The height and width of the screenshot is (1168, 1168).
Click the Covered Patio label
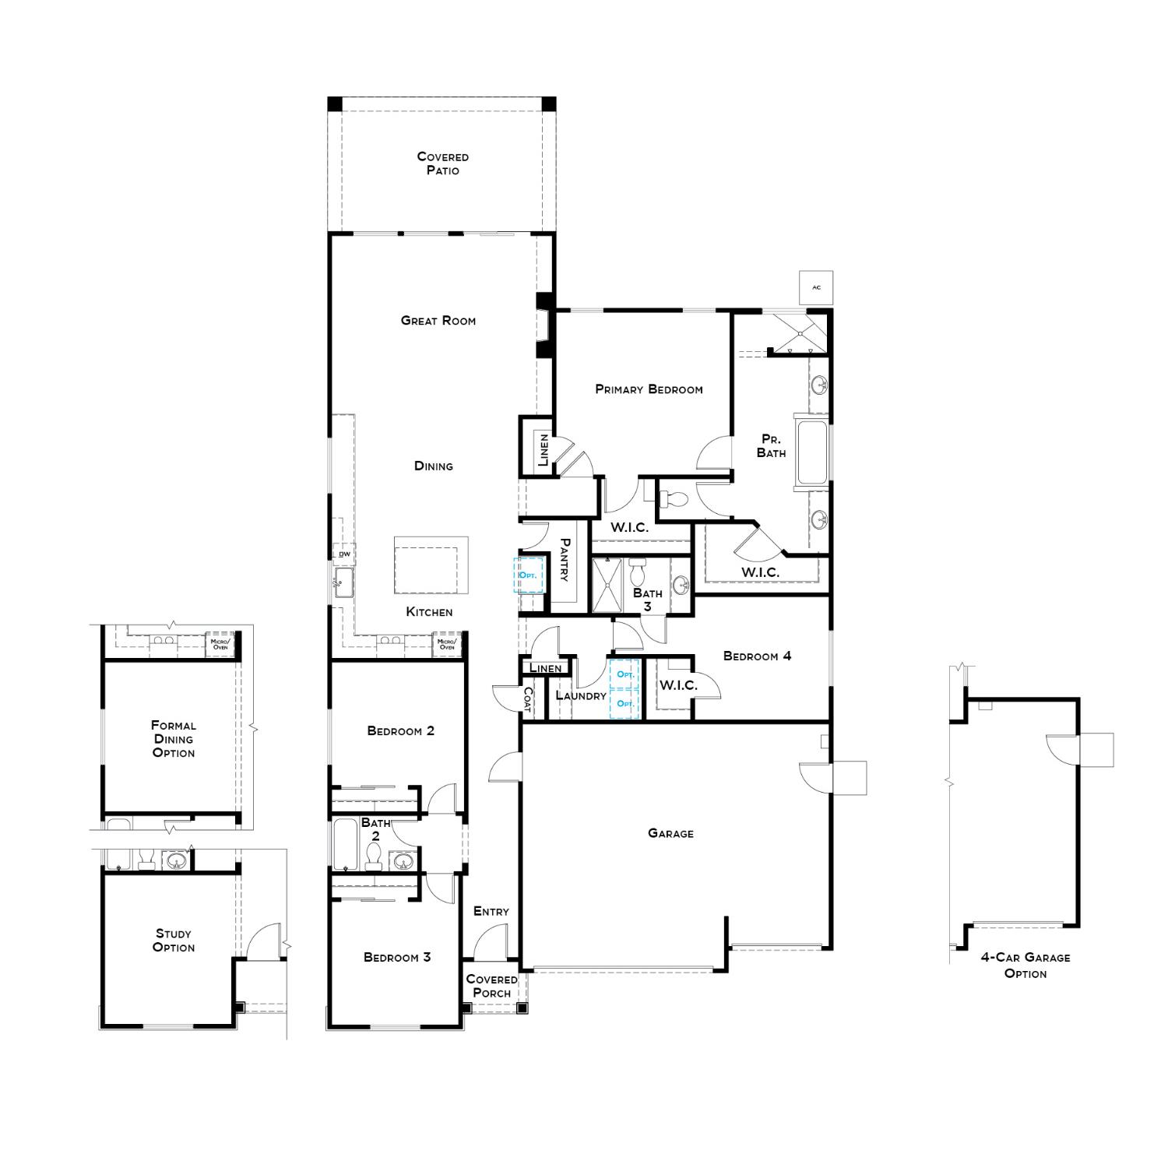click(442, 164)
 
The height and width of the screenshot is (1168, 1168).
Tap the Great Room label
click(438, 320)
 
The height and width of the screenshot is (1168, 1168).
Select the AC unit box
click(816, 287)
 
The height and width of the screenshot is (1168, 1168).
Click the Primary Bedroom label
click(649, 389)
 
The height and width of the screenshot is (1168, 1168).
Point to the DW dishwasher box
click(344, 554)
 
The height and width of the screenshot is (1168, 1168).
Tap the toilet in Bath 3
click(638, 572)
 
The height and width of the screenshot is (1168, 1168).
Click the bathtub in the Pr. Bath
click(812, 452)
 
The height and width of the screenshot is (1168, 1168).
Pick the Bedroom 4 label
click(757, 656)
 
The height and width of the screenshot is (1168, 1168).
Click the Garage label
click(670, 833)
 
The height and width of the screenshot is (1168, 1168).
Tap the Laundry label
click(581, 695)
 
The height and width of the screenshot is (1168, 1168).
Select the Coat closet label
click(527, 698)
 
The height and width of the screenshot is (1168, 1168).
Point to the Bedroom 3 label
click(397, 957)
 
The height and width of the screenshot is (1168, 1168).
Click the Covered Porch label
click(491, 986)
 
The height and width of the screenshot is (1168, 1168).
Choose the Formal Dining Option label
click(174, 739)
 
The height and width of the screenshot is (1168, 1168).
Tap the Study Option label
click(174, 940)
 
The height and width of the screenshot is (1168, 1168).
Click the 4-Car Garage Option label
click(1025, 966)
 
